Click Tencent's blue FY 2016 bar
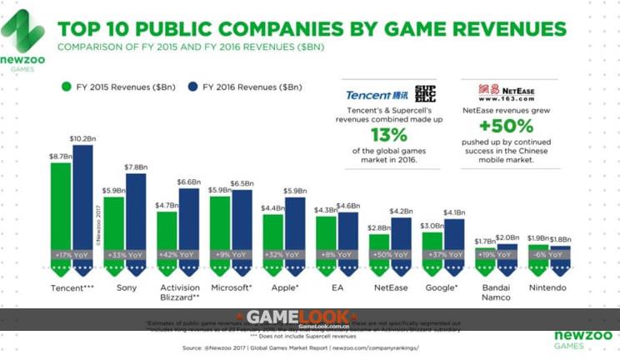tap(82, 200)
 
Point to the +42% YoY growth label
tap(177, 254)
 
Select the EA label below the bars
tap(337, 287)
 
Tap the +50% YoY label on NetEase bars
tap(390, 254)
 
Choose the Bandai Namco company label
tap(496, 292)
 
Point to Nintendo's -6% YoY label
tap(549, 254)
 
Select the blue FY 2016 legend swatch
tap(192, 86)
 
